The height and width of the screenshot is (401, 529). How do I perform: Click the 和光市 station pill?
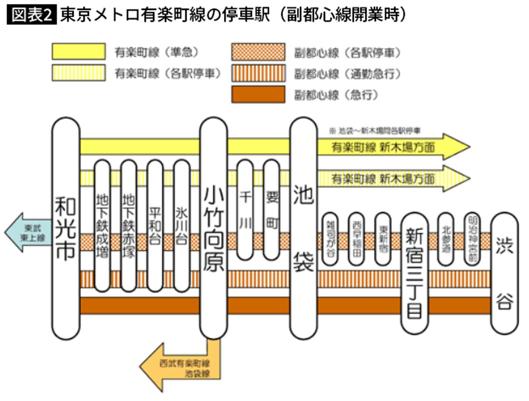coord(66,229)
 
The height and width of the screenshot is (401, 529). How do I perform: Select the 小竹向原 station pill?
coord(214,229)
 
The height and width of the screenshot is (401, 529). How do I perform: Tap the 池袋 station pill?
coord(304,229)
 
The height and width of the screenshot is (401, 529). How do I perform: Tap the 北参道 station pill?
coord(446,239)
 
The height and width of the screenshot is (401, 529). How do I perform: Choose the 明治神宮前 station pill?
coord(472,239)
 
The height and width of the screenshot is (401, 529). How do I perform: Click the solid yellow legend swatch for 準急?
coord(79,52)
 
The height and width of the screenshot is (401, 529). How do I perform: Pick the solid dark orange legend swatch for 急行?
coord(258,95)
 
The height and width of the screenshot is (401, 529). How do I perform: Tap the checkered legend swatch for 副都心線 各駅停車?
coord(258,52)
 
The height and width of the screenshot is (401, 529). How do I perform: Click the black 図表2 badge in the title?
coord(32,15)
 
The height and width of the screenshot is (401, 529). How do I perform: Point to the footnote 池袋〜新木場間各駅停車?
coord(375,131)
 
